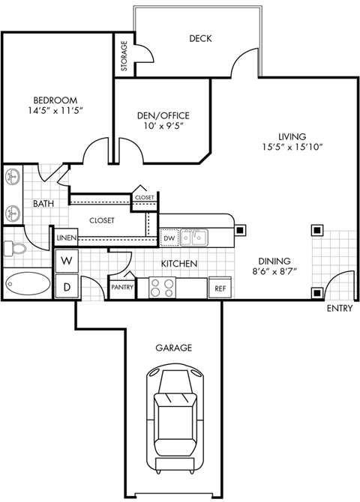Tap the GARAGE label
(x=174, y=348)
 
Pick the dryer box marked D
(x=66, y=286)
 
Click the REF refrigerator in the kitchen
(x=220, y=288)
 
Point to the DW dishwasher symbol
(x=169, y=238)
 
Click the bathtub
(x=27, y=285)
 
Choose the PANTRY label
(x=121, y=287)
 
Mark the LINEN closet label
(x=64, y=238)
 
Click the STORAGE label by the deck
(x=124, y=57)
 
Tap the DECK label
(x=200, y=39)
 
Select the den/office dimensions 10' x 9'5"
(x=162, y=126)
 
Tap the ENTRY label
(x=340, y=309)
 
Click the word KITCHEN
(x=179, y=264)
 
